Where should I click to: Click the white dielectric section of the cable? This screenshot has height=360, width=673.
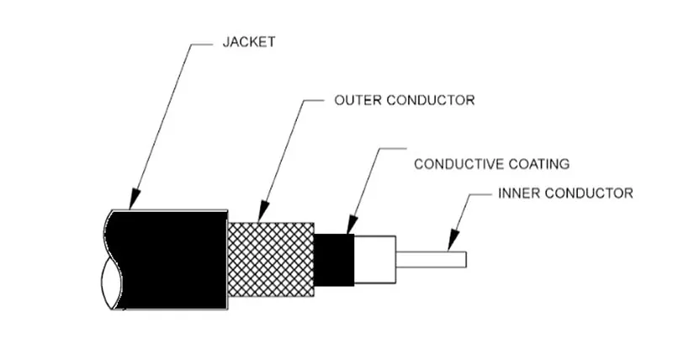(x=374, y=258)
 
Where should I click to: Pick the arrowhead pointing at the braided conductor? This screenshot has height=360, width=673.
(x=263, y=214)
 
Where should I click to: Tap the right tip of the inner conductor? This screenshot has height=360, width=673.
(x=465, y=258)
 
